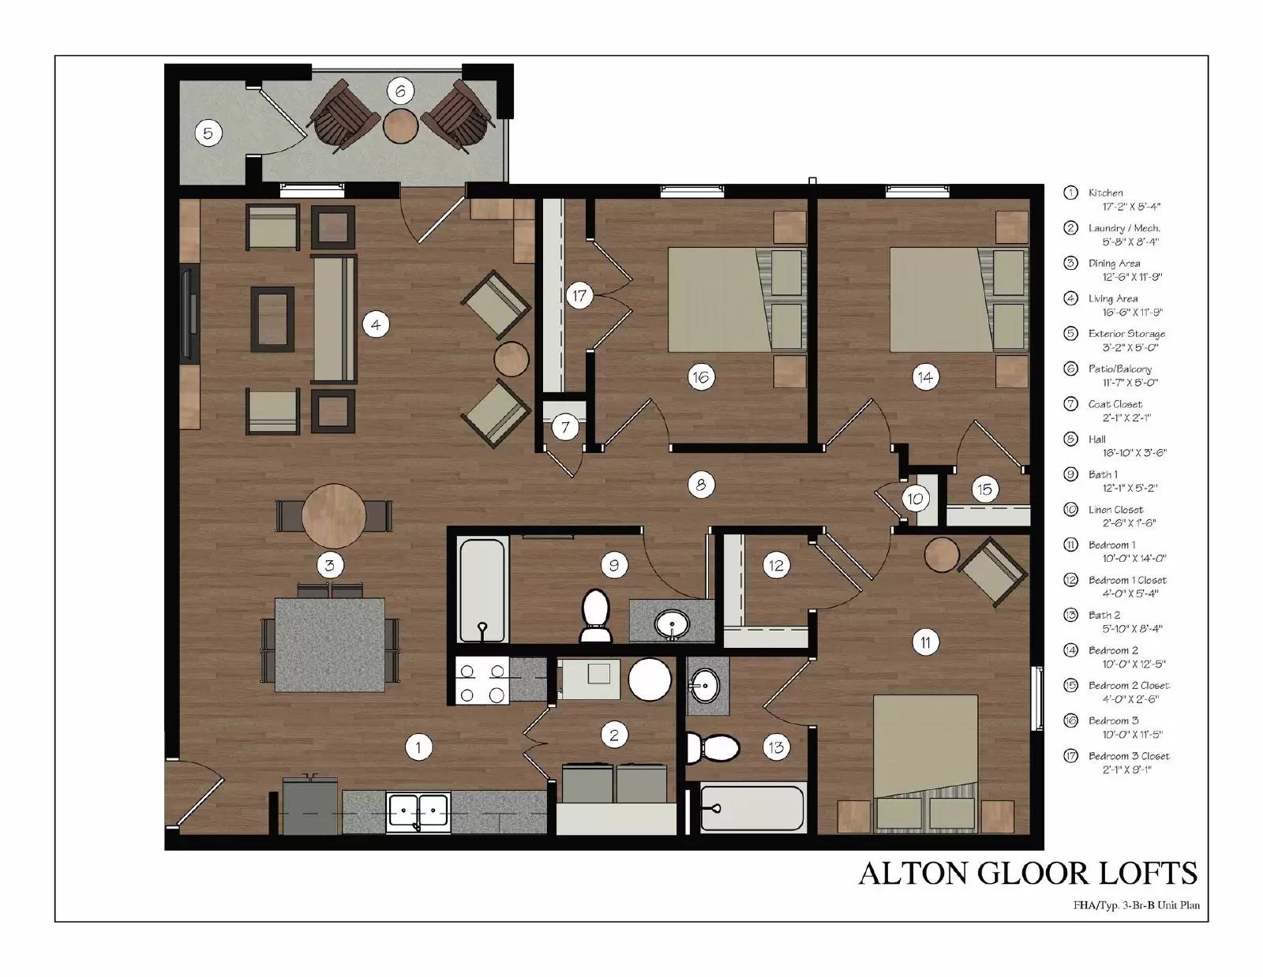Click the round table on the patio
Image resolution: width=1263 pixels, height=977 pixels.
pyautogui.click(x=401, y=125)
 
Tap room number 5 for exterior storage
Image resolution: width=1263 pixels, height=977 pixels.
pyautogui.click(x=208, y=133)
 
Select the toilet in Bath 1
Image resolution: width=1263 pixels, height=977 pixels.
pyautogui.click(x=596, y=616)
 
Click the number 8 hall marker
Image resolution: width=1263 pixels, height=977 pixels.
pyautogui.click(x=700, y=485)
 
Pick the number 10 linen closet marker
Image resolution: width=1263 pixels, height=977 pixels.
pyautogui.click(x=915, y=499)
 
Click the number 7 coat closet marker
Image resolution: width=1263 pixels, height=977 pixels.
pyautogui.click(x=565, y=428)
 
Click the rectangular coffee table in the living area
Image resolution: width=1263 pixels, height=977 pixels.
pyautogui.click(x=272, y=319)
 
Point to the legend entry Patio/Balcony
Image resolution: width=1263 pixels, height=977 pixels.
pyautogui.click(x=1119, y=369)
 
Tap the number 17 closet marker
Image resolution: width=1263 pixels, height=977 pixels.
pyautogui.click(x=579, y=296)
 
